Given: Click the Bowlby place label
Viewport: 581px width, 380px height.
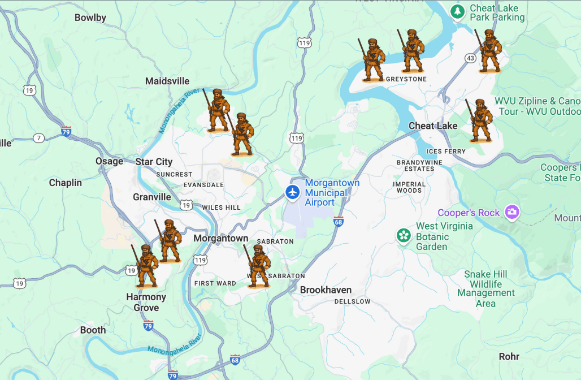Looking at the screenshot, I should click(90, 18).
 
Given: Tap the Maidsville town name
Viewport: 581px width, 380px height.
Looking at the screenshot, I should click(167, 81).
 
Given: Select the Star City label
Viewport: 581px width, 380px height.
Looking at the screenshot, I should click(154, 162).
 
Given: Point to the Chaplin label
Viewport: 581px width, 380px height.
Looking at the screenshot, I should click(66, 183).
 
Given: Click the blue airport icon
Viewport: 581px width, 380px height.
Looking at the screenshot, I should click(292, 192).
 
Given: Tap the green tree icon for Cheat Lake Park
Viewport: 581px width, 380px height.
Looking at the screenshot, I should click(457, 11).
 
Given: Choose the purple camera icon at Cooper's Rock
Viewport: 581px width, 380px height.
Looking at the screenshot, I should click(513, 212).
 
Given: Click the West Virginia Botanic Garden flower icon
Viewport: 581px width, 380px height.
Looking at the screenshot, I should click(404, 235).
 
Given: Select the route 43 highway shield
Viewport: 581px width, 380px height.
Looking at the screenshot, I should click(470, 58).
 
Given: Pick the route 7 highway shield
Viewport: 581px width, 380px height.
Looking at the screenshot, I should click(38, 138).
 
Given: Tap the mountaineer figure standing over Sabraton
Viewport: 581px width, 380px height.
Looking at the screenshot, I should click(258, 266).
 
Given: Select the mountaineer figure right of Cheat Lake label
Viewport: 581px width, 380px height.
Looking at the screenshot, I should click(480, 120).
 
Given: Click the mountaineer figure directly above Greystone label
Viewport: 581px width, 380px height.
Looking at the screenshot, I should click(413, 51).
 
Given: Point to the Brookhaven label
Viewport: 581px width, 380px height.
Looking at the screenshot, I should click(326, 290).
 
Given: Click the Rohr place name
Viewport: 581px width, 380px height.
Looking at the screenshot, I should click(509, 357).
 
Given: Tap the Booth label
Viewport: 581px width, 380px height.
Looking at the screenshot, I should click(93, 330).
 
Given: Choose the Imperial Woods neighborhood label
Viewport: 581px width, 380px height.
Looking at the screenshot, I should click(409, 187).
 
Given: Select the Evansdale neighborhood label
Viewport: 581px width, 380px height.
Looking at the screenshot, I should click(203, 185).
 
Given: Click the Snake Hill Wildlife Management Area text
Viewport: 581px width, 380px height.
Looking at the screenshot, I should click(485, 288).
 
